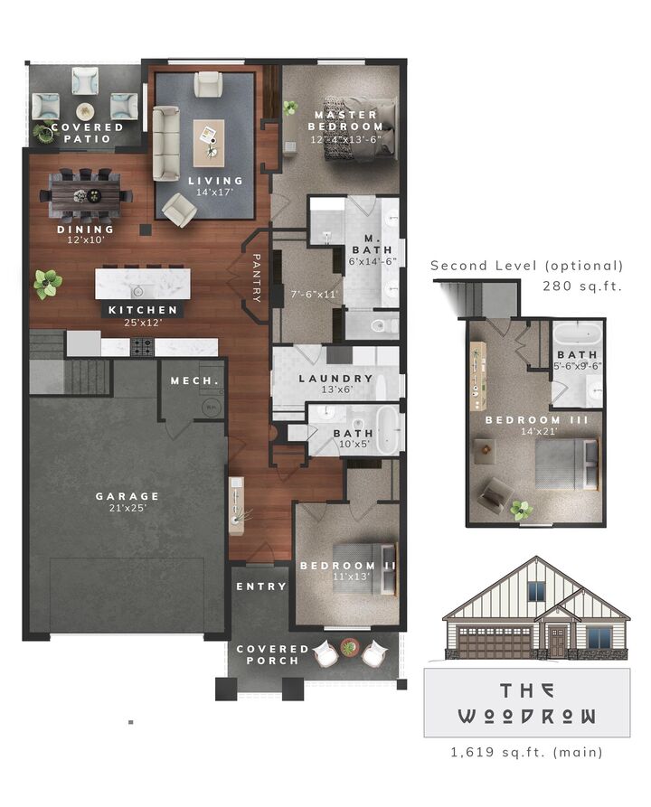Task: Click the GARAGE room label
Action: (x=127, y=496)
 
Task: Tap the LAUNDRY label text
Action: (x=335, y=379)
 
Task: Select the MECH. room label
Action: (x=194, y=380)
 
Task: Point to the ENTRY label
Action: (x=261, y=586)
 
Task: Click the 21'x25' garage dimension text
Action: (x=127, y=509)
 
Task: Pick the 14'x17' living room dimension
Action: (x=216, y=192)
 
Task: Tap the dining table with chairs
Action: (x=83, y=194)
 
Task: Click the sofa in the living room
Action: (x=165, y=143)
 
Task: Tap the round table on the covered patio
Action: (x=85, y=111)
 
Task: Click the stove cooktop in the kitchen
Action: (x=143, y=345)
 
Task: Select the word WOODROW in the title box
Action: (x=526, y=717)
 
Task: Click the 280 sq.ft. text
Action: (x=582, y=286)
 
